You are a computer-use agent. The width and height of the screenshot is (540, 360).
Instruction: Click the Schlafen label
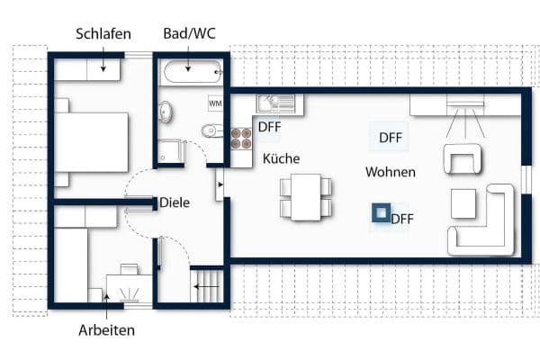point(103,34)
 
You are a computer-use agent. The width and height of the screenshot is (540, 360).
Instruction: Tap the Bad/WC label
point(189,34)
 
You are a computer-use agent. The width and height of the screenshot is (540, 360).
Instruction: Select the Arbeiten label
point(105,330)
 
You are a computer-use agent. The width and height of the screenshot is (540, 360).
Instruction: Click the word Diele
point(175,203)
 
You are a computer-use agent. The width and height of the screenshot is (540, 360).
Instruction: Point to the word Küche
point(281,158)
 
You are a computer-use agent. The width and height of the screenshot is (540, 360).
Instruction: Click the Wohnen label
point(390,171)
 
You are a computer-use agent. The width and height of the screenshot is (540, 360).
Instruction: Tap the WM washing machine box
point(216,103)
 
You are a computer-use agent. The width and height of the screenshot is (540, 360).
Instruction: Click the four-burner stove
point(241,138)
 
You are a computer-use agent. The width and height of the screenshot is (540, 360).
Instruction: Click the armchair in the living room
point(463,159)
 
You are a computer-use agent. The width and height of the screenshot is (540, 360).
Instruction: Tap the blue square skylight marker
point(382,213)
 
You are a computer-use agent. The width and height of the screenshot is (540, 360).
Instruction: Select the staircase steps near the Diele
point(206,289)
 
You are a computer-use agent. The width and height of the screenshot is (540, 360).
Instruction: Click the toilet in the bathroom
point(210,131)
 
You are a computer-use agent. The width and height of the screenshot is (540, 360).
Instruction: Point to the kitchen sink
point(271,103)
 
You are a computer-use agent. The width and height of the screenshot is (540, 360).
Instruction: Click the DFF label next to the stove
point(269,127)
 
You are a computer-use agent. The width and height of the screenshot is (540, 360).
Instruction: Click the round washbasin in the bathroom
point(166,112)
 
